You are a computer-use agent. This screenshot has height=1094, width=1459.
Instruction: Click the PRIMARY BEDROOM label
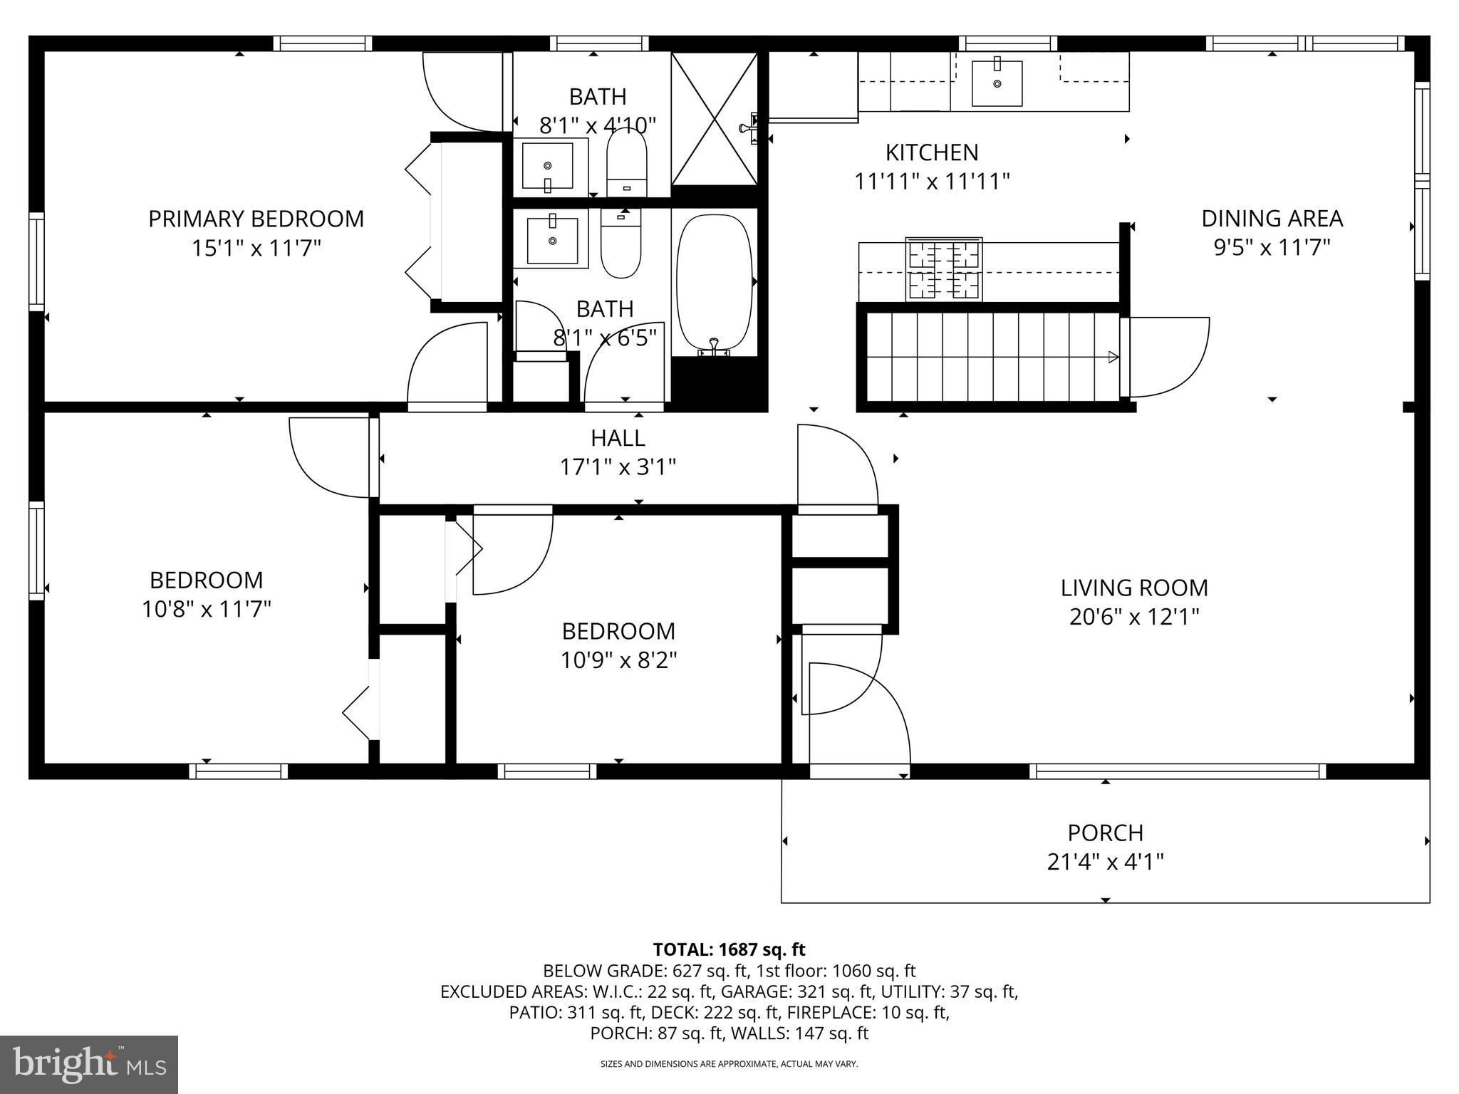[256, 219]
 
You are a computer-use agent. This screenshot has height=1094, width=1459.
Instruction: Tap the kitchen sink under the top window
[997, 83]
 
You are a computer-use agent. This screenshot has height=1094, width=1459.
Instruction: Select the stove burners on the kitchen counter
[944, 270]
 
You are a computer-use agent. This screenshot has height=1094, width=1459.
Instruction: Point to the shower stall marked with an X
[715, 119]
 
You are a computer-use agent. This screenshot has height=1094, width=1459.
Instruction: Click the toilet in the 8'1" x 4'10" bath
[626, 164]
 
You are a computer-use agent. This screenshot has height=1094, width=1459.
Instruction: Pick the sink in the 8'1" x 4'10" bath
[547, 165]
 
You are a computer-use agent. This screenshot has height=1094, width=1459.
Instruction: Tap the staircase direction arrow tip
[1113, 358]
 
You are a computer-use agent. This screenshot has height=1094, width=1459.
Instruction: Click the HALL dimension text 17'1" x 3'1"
[618, 468]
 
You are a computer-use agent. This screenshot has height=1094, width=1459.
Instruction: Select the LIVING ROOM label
[1134, 588]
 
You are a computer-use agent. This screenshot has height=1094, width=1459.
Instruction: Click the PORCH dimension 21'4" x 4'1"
[1105, 863]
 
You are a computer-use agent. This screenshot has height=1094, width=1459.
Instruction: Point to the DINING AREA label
[1272, 219]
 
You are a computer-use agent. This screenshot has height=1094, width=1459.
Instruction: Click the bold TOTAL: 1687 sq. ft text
[729, 949]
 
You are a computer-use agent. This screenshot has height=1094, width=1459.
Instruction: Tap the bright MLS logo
[89, 1065]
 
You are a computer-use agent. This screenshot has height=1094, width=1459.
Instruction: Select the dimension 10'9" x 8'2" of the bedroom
[618, 661]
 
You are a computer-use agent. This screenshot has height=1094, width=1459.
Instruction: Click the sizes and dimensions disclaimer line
[729, 1064]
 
